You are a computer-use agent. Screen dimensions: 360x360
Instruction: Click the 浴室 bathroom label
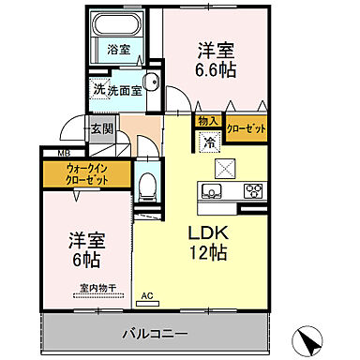pos(118,49)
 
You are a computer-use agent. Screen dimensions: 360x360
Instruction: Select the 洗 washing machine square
pos(98,90)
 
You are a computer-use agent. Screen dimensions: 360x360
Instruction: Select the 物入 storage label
pos(207,122)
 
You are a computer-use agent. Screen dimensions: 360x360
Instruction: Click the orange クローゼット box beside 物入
pos(245,127)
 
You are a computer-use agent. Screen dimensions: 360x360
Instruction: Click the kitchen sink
pos(212,190)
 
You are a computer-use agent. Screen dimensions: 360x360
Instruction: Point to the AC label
pos(146,297)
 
